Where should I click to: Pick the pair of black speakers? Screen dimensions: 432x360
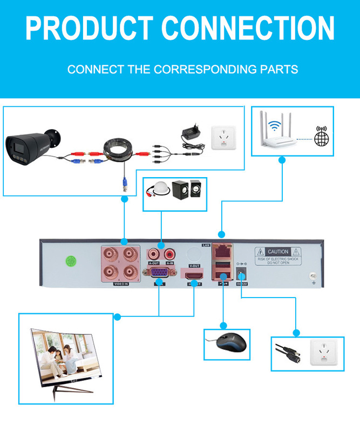point(187,190)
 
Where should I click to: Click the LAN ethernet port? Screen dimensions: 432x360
point(221,252)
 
